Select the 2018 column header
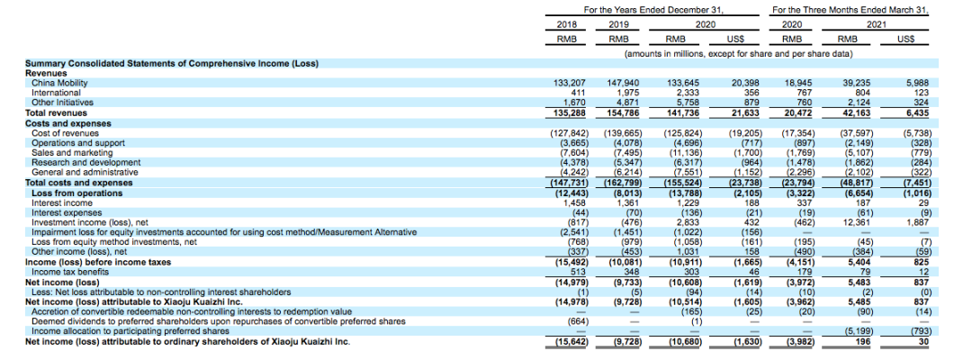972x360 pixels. (566, 24)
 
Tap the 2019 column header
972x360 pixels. (619, 24)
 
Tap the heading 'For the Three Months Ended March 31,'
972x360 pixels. (850, 9)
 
